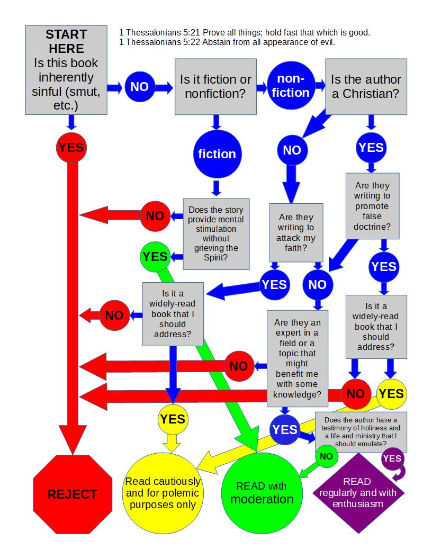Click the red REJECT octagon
pos(73,494)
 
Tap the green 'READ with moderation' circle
pos(261,492)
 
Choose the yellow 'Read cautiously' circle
pos(163,492)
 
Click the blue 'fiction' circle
pos(217,154)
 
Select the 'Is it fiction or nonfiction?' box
pos(215,87)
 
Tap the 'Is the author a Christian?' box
pos(366,87)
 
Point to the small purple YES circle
pos(392,458)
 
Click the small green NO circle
pos(326,456)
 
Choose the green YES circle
pos(155,257)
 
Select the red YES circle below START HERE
pos(71,147)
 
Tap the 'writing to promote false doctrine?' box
pos(372,206)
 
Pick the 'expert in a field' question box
pos(297,358)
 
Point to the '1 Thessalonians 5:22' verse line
pos(227,42)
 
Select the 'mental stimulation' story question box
pos(216,233)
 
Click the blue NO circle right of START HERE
pos(139,87)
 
